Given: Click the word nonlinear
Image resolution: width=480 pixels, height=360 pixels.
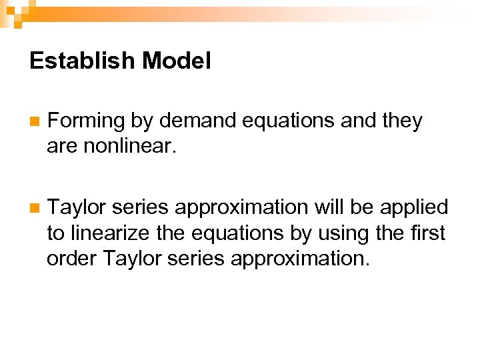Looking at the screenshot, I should (x=130, y=145).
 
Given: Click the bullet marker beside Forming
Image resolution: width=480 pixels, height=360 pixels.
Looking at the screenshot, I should (x=34, y=122).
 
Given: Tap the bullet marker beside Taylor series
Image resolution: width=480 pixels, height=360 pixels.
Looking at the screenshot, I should (x=34, y=209).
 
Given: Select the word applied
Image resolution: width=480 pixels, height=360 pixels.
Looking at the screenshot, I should (x=414, y=207).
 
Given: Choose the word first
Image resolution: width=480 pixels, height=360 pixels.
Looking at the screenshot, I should (x=427, y=233).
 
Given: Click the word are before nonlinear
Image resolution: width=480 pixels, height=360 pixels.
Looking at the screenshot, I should (x=63, y=145).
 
